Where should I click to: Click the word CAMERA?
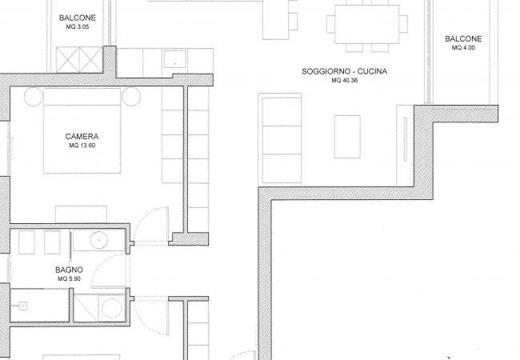click(x=82, y=136)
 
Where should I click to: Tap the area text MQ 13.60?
click(x=82, y=146)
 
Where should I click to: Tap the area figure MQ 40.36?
click(x=347, y=81)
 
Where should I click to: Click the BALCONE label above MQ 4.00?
click(x=464, y=39)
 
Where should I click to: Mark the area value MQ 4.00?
click(x=464, y=48)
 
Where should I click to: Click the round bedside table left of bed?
click(x=33, y=98)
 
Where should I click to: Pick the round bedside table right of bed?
click(x=130, y=98)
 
